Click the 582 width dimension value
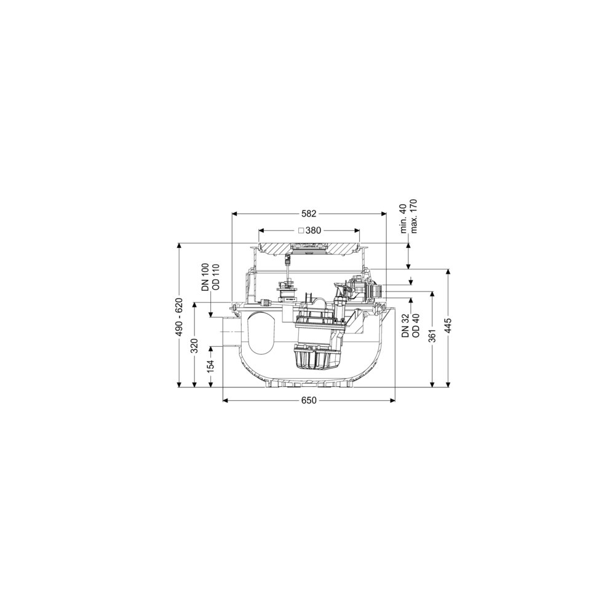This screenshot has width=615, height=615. (x=309, y=214)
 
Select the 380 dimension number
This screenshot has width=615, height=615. (x=313, y=231)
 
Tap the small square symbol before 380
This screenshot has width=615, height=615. (x=301, y=231)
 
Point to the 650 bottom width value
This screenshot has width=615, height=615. (x=309, y=400)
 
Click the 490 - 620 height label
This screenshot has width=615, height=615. (x=179, y=317)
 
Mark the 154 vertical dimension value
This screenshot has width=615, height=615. (x=211, y=367)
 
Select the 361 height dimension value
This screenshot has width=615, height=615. (x=432, y=335)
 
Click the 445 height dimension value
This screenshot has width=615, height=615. (x=448, y=325)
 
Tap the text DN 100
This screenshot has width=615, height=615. (x=205, y=277)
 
